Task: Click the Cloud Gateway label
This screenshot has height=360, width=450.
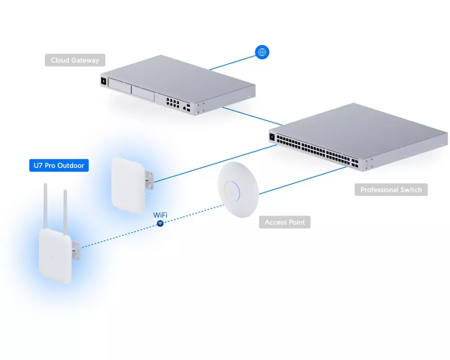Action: pos(75,60)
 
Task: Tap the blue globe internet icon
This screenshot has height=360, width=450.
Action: pos(262,52)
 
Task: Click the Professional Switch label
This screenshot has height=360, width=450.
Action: pos(391,190)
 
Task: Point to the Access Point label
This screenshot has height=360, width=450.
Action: pos(284,222)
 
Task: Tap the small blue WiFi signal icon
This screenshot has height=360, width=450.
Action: pos(160,224)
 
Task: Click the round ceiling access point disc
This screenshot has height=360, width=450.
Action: pos(238,190)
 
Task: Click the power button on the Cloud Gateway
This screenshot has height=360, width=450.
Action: pos(104,81)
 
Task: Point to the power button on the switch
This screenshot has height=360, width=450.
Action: pos(272,136)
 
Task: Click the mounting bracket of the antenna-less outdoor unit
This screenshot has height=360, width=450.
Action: pos(150,178)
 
